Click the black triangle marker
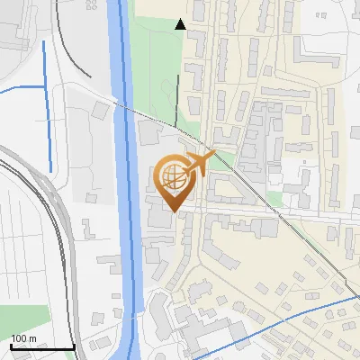[x=181, y=24]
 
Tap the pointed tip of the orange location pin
[x=173, y=212]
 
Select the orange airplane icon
[x=199, y=164]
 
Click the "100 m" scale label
[x=23, y=338]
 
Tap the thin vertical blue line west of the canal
[x=45, y=81]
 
